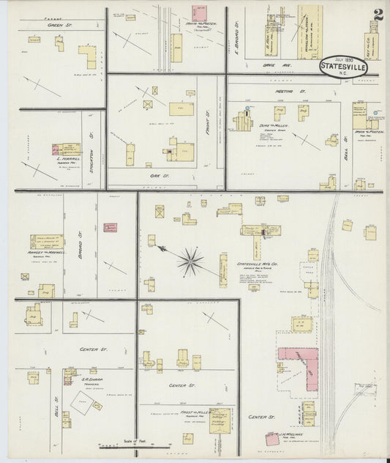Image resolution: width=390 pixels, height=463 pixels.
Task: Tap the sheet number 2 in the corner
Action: (x=378, y=15)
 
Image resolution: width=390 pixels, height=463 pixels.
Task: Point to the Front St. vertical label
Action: (x=208, y=116)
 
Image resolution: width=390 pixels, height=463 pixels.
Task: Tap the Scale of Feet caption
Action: (x=136, y=442)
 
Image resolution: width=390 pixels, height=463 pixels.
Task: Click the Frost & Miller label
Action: (x=196, y=413)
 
